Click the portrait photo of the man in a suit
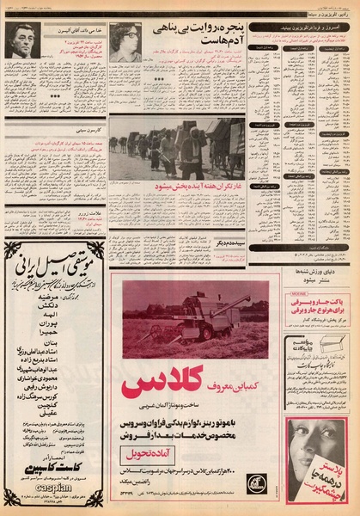[x=21, y=40]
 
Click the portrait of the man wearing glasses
[x=125, y=42]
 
